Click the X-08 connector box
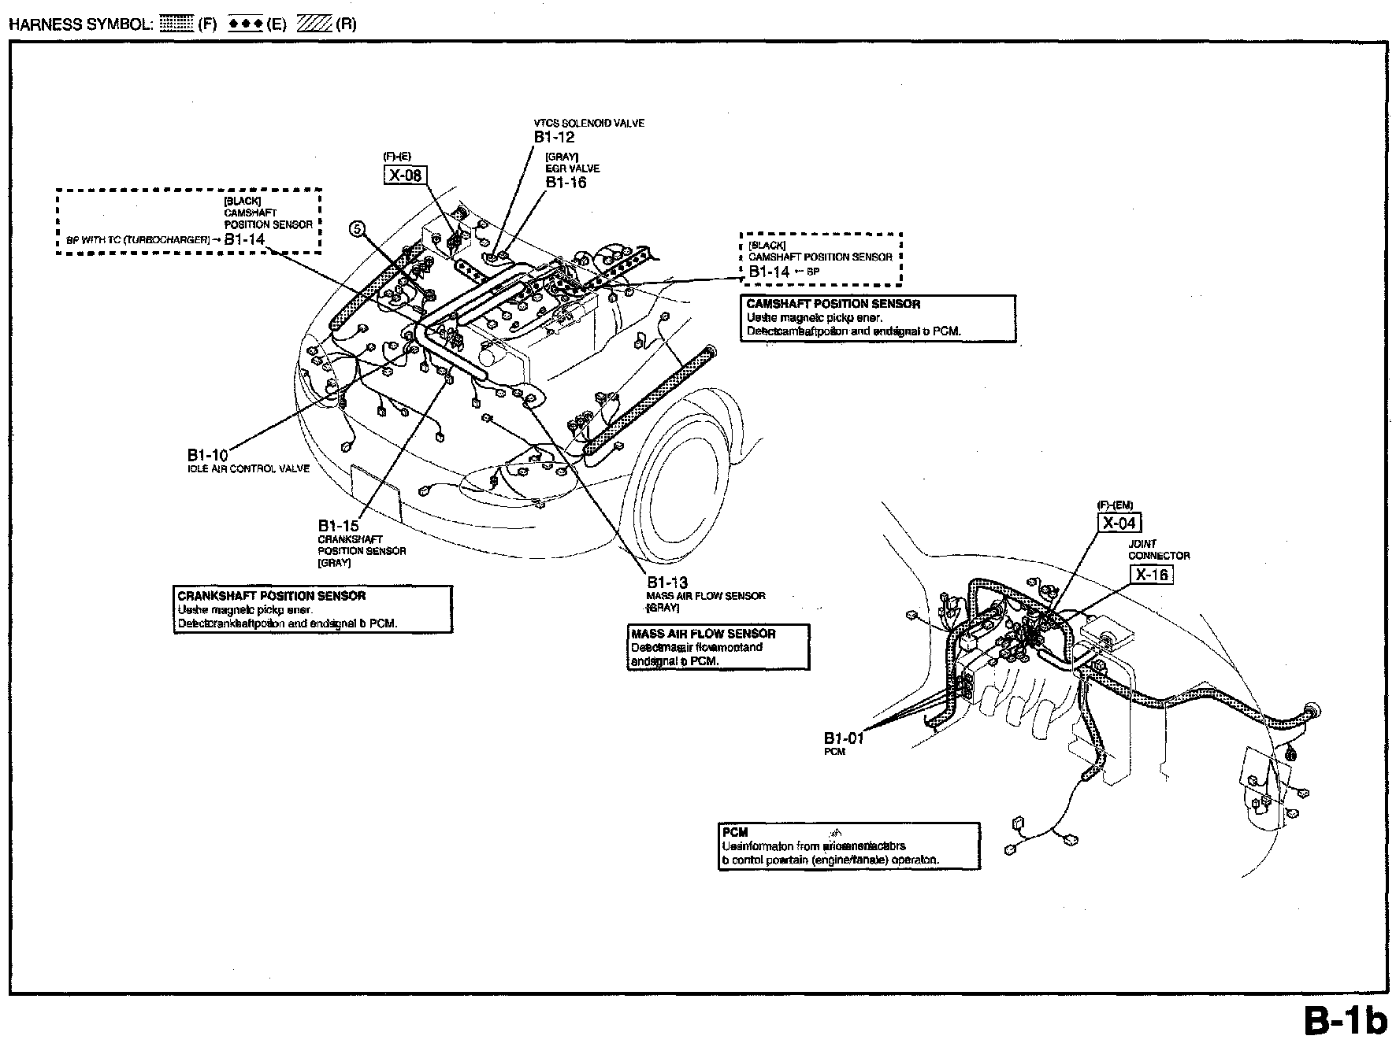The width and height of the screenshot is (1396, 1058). [x=405, y=175]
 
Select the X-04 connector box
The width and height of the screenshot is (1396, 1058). [x=1119, y=523]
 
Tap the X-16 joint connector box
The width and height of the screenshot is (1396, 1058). [x=1151, y=575]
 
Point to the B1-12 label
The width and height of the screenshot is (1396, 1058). [x=554, y=137]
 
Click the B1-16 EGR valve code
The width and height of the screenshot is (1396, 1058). [x=566, y=183]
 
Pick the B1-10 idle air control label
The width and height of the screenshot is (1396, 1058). [x=207, y=455]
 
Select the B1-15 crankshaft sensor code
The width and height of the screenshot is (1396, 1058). [x=338, y=526]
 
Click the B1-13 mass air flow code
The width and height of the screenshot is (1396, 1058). [x=667, y=583]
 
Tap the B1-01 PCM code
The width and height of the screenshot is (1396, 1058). [x=844, y=738]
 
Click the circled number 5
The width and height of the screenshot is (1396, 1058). [x=358, y=229]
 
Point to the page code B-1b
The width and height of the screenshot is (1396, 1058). [x=1344, y=1022]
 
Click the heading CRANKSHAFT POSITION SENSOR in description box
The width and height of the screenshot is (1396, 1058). [x=271, y=596]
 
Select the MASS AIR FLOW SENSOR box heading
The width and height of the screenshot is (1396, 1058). [x=703, y=634]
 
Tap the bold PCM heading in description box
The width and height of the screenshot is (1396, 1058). [x=734, y=832]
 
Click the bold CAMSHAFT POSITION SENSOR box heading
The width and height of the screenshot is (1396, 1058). [x=833, y=304]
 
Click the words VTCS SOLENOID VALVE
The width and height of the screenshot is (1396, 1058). [x=588, y=124]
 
